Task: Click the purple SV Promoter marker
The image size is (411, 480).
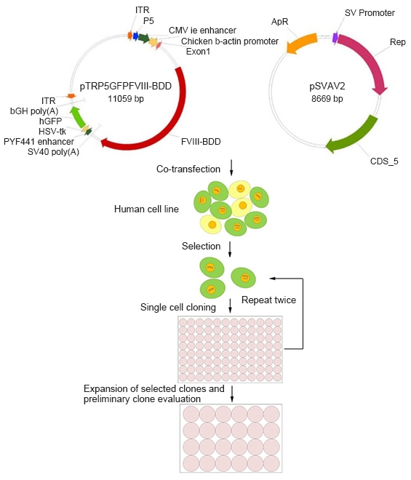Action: (x=335, y=37)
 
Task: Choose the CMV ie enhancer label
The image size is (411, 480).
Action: (x=203, y=31)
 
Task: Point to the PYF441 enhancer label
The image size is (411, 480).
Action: (x=39, y=141)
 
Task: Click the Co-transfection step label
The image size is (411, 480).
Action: (x=188, y=169)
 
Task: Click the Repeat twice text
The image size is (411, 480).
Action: (x=268, y=299)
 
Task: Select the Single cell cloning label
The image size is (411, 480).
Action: (x=180, y=307)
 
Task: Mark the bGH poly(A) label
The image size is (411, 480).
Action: (x=34, y=111)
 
